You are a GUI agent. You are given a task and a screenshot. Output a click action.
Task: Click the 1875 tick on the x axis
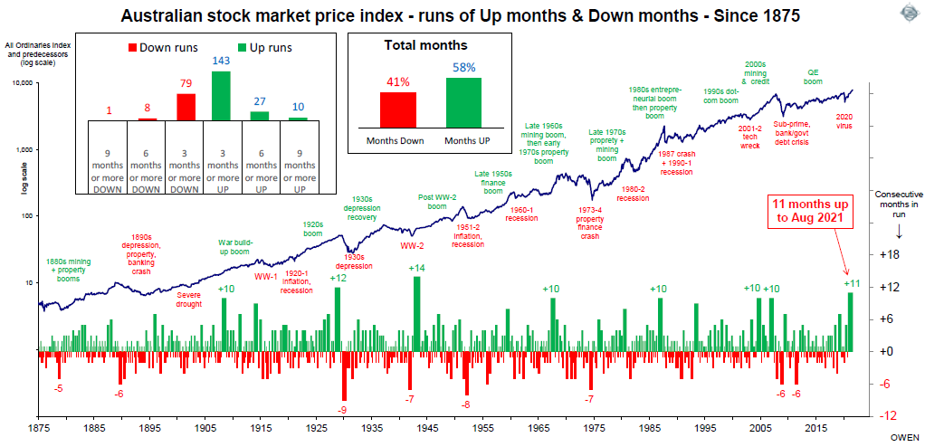pyautogui.click(x=39, y=425)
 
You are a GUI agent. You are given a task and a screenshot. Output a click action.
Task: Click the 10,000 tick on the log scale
pyautogui.click(x=21, y=82)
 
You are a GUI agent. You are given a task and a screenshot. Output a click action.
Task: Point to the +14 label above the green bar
pyautogui.click(x=416, y=268)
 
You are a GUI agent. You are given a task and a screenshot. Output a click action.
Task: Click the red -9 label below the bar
pyautogui.click(x=343, y=409)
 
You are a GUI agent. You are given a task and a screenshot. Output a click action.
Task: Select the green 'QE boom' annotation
pyautogui.click(x=814, y=75)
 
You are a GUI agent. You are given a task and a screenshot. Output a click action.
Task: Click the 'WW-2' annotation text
pyautogui.click(x=412, y=244)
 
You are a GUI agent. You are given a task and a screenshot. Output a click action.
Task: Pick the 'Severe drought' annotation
pyautogui.click(x=189, y=297)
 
